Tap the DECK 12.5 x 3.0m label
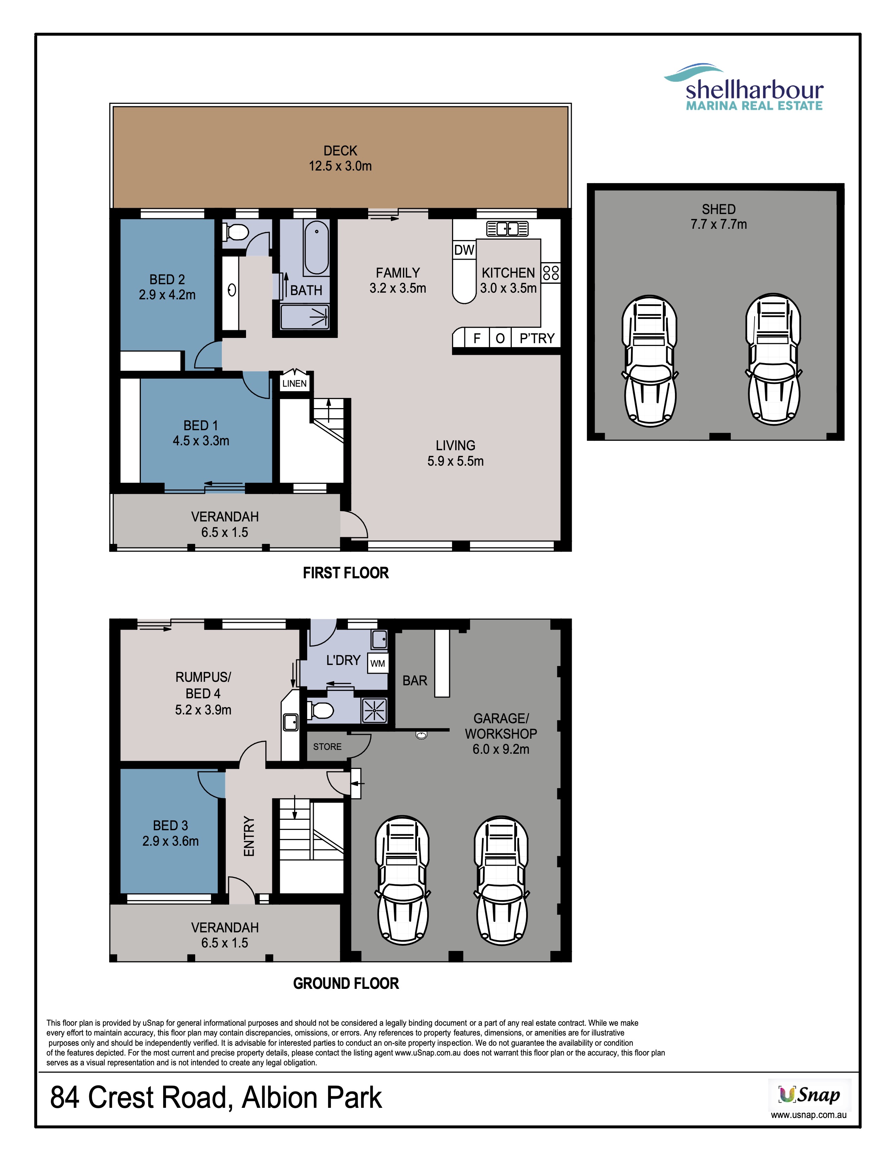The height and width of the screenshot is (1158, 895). [340, 158]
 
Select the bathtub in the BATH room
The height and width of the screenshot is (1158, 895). [317, 248]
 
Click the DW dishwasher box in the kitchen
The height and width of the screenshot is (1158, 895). [464, 250]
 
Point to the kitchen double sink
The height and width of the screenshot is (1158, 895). [508, 229]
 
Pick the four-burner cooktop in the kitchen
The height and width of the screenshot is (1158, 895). [551, 273]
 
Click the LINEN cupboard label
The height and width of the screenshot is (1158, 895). [294, 383]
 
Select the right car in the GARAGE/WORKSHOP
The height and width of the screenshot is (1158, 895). [502, 881]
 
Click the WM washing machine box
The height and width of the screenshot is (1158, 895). [378, 663]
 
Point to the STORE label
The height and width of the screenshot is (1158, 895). [327, 746]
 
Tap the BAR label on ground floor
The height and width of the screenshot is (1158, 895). [415, 680]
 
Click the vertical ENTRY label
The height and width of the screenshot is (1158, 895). [249, 836]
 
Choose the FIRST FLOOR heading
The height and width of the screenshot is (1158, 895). [346, 573]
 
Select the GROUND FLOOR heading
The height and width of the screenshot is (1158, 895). [346, 984]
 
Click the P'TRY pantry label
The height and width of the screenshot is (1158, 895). [537, 338]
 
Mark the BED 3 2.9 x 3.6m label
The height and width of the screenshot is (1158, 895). [170, 833]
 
